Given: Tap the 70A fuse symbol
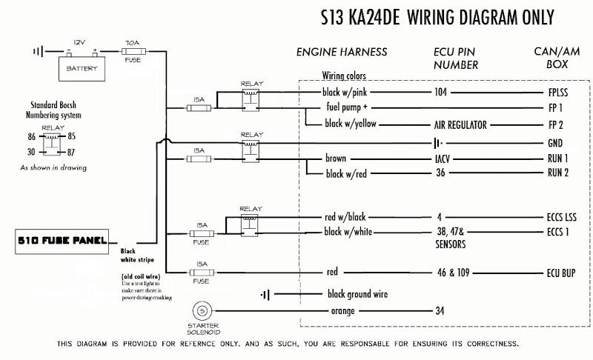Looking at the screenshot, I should click(x=133, y=52).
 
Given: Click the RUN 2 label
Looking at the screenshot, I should click(x=560, y=174).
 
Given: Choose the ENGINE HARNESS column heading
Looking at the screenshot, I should click(x=342, y=53).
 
